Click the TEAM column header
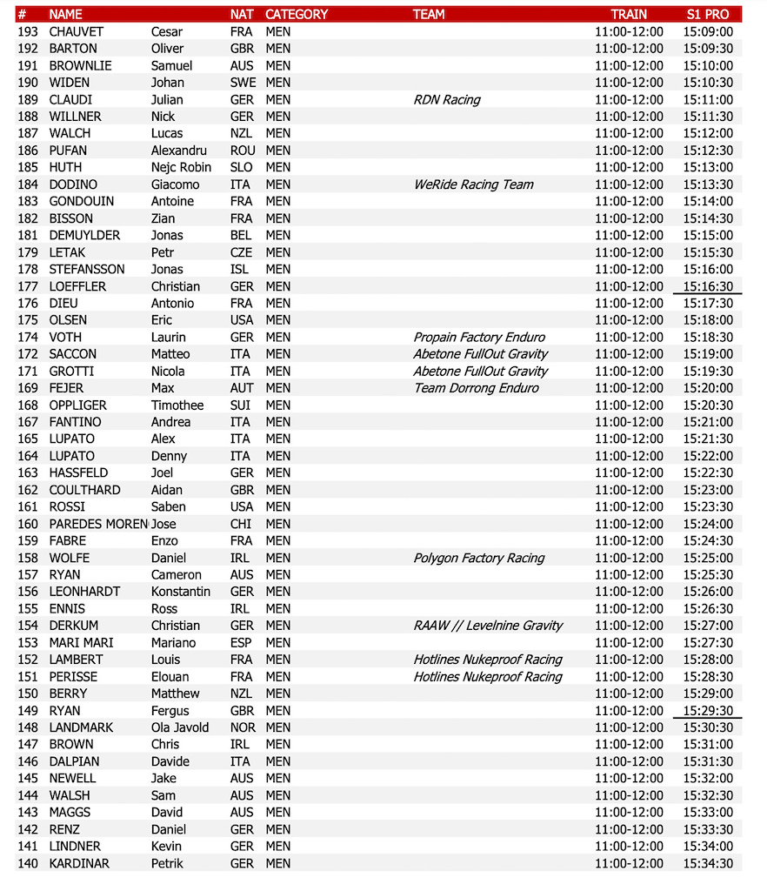pos(429,14)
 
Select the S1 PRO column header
pos(707,14)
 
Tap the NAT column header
pos(242,14)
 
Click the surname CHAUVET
pos(77,31)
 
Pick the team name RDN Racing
pos(447,99)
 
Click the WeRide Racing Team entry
pos(474,184)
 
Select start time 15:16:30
pos(707,286)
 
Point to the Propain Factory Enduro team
pos(479,337)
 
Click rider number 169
pos(28,388)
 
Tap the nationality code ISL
pos(241,269)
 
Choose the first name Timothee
pos(177,405)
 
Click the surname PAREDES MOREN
pos(98,524)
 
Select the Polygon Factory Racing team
pos(479,558)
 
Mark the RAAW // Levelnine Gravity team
pos(488,626)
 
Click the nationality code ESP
pos(242,642)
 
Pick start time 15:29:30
pos(707,710)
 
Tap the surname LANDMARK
pos(81,727)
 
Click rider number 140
pos(28,863)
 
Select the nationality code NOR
pos(243,727)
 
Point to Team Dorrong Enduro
pos(476,388)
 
